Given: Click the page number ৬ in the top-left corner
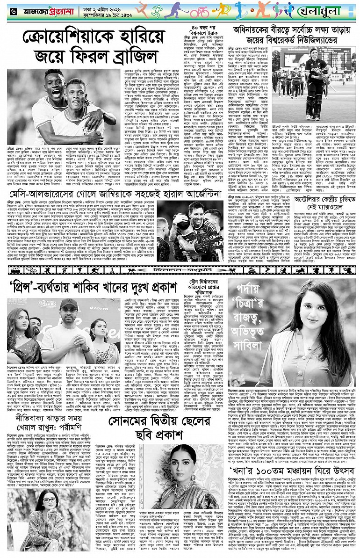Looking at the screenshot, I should [6, 10].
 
